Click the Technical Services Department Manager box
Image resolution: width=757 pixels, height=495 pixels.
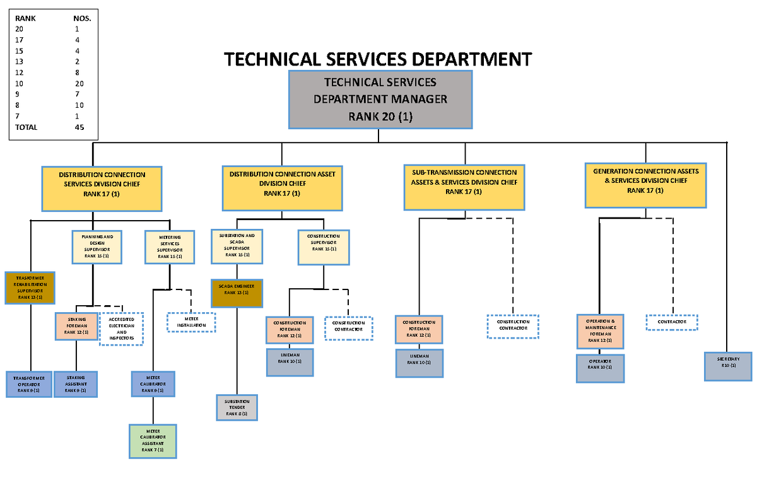point(380,100)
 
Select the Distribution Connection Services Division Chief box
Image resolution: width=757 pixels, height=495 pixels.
point(102,189)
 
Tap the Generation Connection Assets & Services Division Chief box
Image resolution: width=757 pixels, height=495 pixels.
point(645,185)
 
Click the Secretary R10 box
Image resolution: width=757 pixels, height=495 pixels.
point(728,366)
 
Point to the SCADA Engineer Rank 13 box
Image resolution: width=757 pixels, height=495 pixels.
point(236,293)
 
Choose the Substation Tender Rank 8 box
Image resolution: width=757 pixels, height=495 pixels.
point(237,407)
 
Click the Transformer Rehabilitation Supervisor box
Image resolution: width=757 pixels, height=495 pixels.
point(30,288)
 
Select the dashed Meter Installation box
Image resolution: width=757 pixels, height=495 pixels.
point(191,322)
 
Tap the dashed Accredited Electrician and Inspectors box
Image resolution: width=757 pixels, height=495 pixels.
point(122,329)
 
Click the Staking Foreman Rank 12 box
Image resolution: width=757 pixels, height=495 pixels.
point(77,327)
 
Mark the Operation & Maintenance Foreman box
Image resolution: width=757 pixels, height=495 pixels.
point(601,331)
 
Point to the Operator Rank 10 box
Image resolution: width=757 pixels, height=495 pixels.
point(600,368)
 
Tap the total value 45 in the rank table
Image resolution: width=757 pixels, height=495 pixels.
point(79,127)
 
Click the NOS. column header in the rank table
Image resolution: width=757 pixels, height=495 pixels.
point(82,18)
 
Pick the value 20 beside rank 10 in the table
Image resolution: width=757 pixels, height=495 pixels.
point(79,83)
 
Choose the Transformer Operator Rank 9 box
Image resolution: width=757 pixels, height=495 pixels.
point(28,384)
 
